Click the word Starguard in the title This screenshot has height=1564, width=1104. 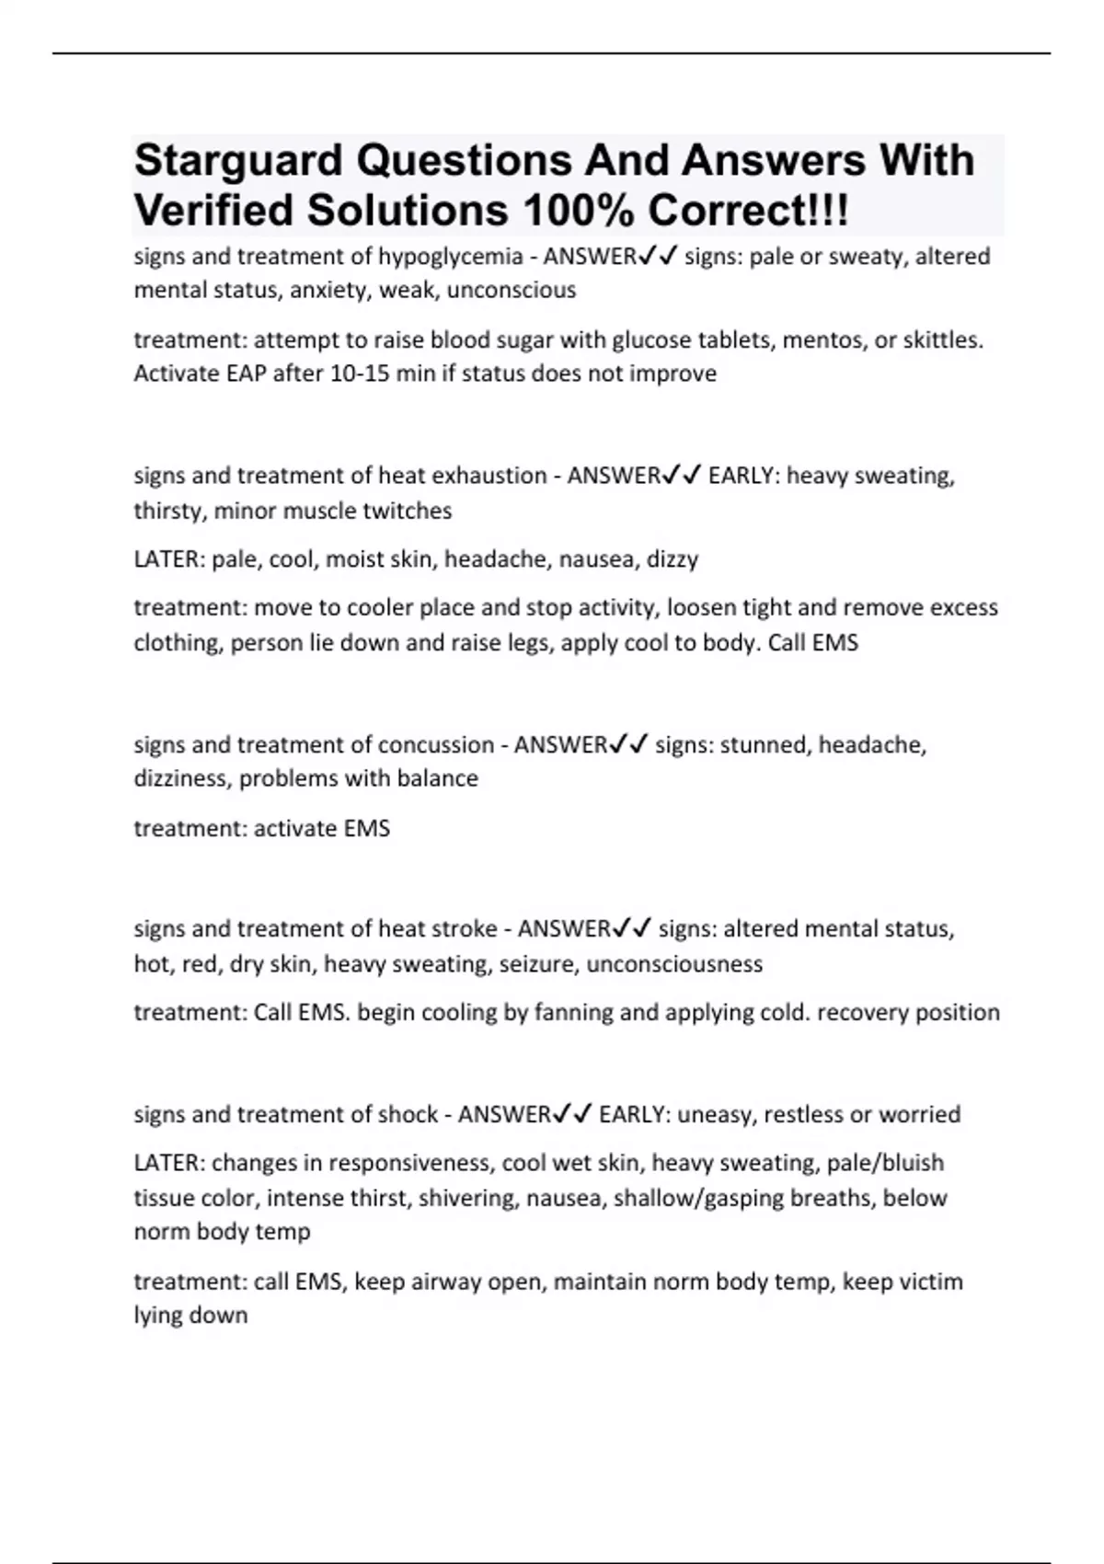tap(238, 160)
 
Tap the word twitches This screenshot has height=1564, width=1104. tap(407, 511)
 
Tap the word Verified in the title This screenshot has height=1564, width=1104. tap(214, 211)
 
